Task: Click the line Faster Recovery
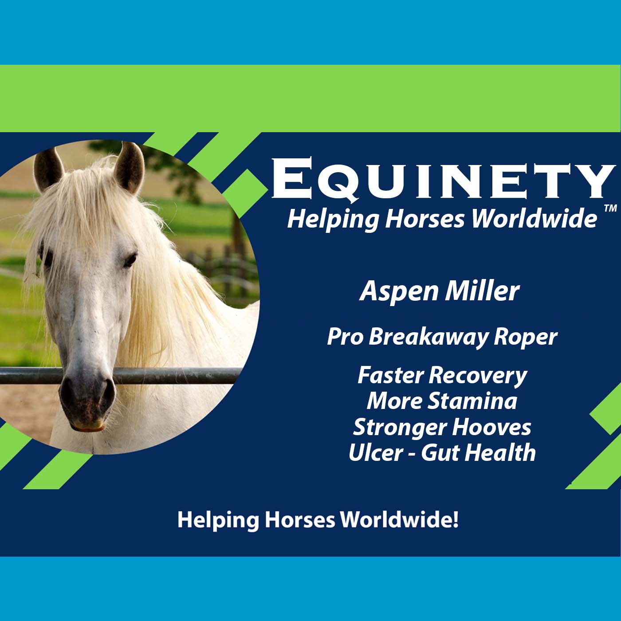[442, 375]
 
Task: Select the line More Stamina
[442, 401]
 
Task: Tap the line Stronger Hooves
[442, 427]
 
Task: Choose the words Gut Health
[478, 453]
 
